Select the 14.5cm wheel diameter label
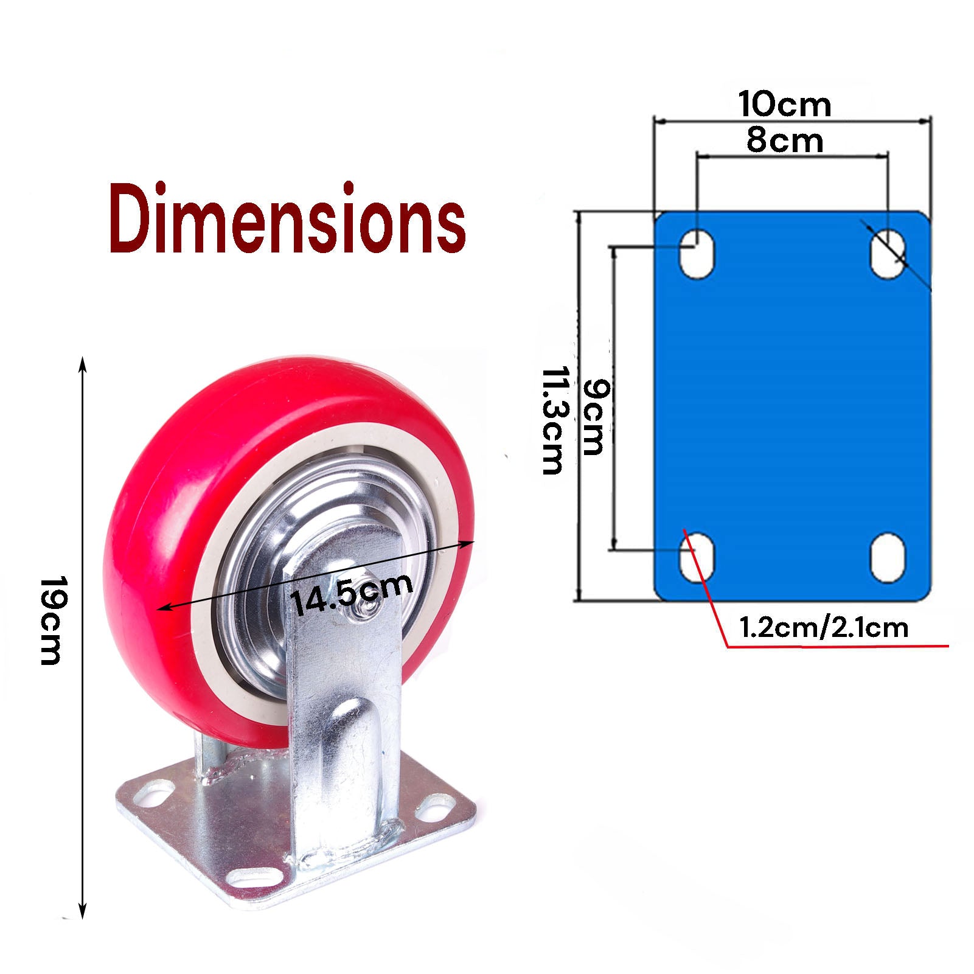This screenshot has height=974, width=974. (x=352, y=593)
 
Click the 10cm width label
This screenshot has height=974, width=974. (x=785, y=104)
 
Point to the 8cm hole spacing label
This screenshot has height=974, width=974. (x=785, y=141)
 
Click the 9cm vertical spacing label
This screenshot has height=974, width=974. (x=593, y=417)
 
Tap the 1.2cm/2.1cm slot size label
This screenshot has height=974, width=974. (x=823, y=627)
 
